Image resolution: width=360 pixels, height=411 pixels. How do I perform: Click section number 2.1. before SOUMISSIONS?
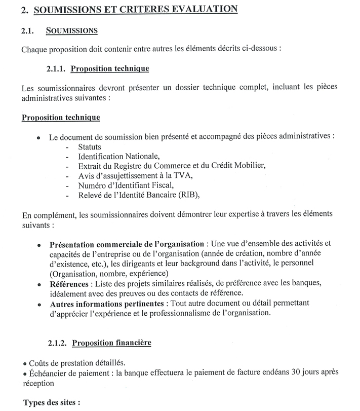28,31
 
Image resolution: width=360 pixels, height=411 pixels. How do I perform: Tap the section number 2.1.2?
56,343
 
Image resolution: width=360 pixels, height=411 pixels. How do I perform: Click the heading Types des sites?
52,403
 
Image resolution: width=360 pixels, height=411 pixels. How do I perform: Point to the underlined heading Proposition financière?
111,343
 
